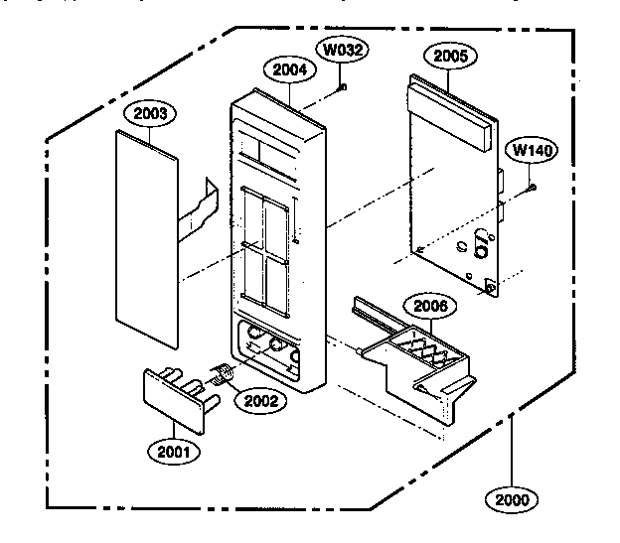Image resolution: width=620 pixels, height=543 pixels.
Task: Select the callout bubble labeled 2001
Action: coord(174,451)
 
